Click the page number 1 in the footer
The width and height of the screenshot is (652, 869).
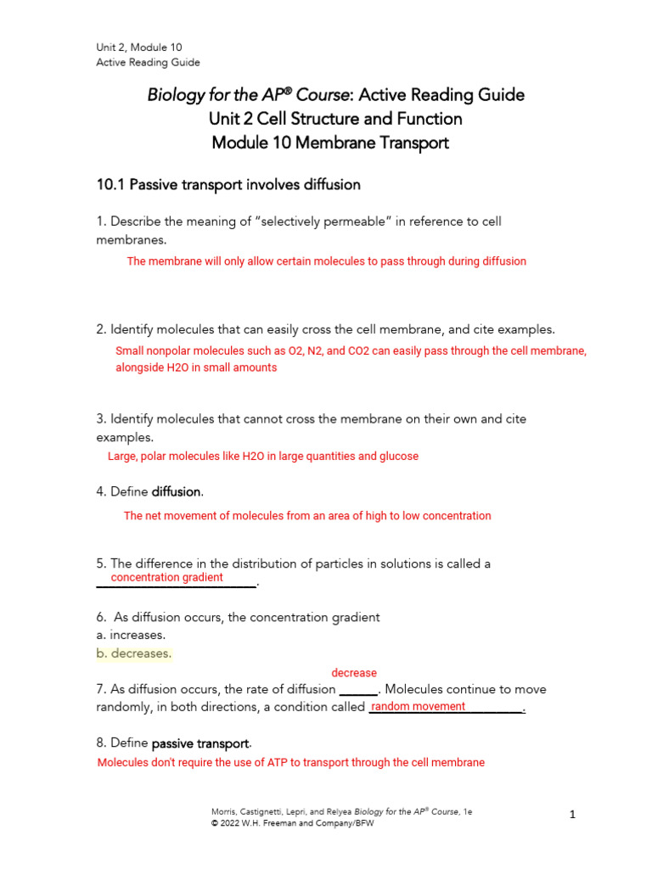(x=573, y=815)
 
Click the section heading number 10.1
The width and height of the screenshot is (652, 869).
(x=112, y=184)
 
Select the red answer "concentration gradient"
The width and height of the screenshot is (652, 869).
(x=167, y=578)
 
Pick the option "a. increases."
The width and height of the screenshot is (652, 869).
(x=131, y=635)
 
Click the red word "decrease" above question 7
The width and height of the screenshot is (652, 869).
(x=354, y=673)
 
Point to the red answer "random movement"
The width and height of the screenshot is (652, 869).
(x=419, y=707)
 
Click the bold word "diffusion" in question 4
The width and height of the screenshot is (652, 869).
(x=177, y=491)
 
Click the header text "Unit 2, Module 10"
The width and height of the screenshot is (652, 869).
(x=138, y=48)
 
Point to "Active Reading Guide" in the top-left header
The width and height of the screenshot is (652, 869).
(x=148, y=62)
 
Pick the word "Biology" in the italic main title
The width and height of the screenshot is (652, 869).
(x=177, y=95)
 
